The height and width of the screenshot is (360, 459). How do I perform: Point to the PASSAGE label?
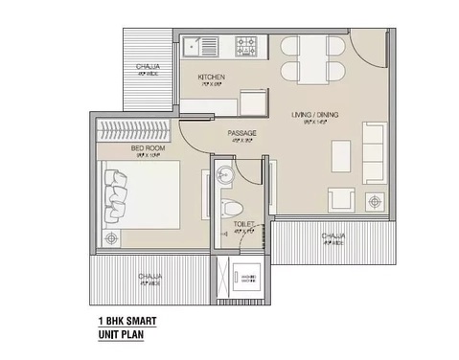tap(241, 133)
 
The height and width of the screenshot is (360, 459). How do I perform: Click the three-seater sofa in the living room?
tap(371, 150)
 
